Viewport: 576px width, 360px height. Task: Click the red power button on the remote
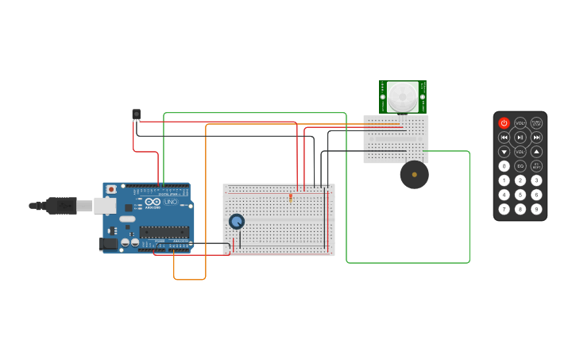[x=504, y=123]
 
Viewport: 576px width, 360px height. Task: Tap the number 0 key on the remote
[x=504, y=166]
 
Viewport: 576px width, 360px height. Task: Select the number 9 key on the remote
[x=536, y=209]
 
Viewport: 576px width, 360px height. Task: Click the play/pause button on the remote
[x=520, y=137]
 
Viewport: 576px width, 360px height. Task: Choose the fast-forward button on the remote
[x=536, y=137]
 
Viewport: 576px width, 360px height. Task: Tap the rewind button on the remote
[x=504, y=137]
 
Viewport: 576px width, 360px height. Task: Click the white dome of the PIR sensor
[x=403, y=97]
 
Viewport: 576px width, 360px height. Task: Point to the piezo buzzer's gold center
[x=414, y=175]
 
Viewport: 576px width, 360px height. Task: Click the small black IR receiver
[x=136, y=114]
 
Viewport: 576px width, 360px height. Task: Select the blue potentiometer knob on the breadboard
[x=236, y=222]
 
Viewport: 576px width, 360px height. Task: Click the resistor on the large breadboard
[x=291, y=197]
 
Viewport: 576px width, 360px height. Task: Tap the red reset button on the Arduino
[x=111, y=189]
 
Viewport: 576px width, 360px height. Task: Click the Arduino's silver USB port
[x=105, y=206]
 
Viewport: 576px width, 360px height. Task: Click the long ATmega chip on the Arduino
[x=164, y=232]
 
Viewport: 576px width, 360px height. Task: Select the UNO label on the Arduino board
[x=171, y=203]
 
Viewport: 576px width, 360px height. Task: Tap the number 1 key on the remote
[x=504, y=180]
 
